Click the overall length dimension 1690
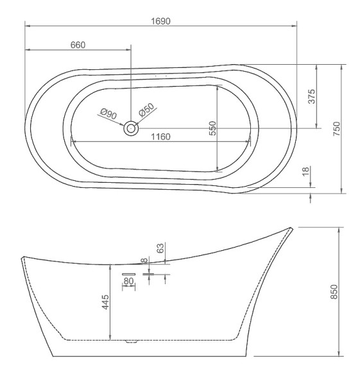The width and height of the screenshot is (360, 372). (160, 21)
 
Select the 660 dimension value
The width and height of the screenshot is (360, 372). (78, 45)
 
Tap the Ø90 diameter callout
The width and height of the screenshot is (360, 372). (108, 114)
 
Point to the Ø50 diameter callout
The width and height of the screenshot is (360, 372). (146, 110)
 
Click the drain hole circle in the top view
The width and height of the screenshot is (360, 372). (131, 128)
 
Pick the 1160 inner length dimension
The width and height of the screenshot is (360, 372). (160, 137)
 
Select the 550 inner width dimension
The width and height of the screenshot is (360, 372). (213, 128)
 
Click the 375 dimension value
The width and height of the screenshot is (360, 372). (311, 96)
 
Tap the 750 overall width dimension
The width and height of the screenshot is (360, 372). (337, 128)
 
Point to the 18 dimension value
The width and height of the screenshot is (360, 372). (306, 171)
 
